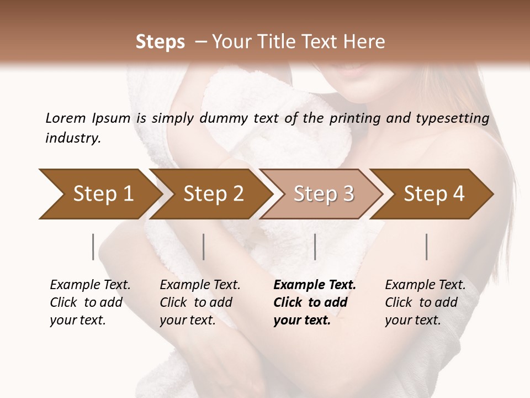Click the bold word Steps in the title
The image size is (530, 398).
[x=160, y=42]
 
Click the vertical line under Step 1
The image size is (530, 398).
[x=93, y=247]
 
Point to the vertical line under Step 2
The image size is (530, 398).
[x=204, y=247]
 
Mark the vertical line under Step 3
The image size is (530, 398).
[x=315, y=247]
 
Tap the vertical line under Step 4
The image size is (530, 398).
[x=426, y=247]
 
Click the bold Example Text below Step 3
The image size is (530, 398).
[x=315, y=285]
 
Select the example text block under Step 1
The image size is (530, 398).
[x=90, y=302]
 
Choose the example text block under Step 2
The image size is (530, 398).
[x=200, y=302]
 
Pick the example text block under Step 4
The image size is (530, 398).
[x=425, y=302]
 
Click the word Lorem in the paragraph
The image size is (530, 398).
[x=65, y=118]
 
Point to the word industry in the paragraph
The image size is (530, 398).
[x=73, y=138]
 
